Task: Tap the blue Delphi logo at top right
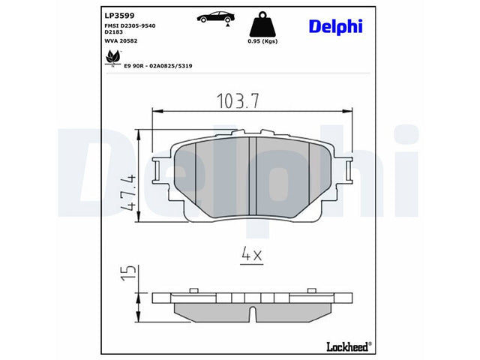336,26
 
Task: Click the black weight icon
262,24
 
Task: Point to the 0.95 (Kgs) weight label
262,41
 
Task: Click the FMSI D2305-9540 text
130,25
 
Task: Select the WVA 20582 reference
121,40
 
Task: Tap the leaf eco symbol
112,58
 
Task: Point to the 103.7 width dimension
238,101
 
